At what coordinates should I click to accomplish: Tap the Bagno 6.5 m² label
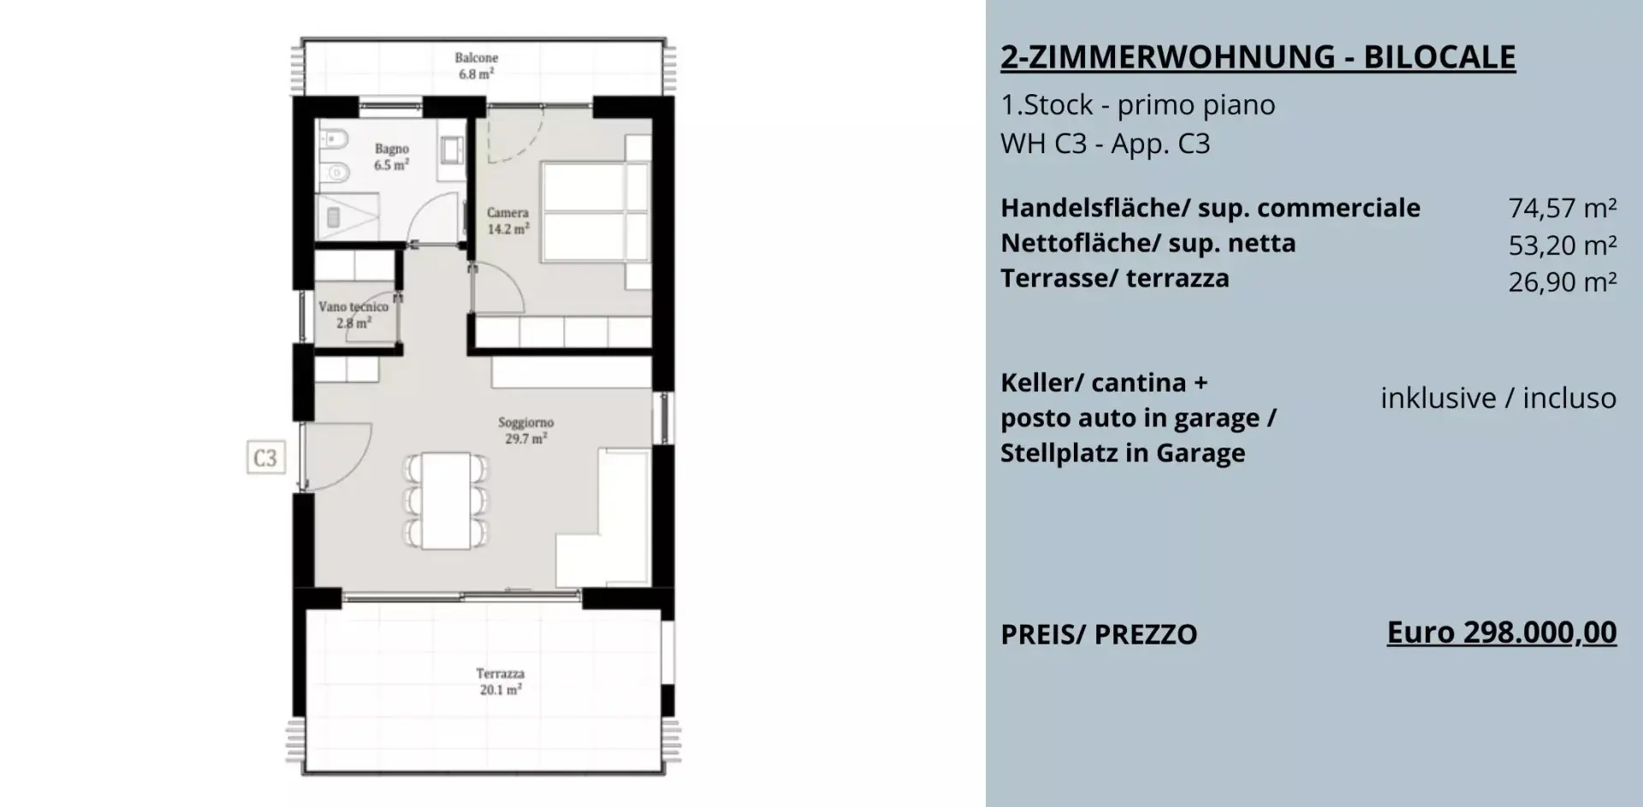point(391,157)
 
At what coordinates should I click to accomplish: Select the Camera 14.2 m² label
point(507,221)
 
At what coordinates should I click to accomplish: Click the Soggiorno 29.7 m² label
point(525,430)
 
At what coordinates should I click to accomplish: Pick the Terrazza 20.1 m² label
point(501,681)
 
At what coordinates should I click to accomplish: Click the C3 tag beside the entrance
point(265,458)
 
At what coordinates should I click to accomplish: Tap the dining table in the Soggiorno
point(446,500)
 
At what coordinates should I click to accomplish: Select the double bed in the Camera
point(595,212)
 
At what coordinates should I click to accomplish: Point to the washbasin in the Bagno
point(450,151)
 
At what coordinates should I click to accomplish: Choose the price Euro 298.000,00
point(1502,633)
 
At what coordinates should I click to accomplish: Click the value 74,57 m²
point(1563,208)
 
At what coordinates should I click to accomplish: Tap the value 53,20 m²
point(1563,246)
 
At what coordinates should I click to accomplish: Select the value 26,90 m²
point(1563,282)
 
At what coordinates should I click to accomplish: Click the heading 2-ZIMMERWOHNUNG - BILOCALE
point(1258,57)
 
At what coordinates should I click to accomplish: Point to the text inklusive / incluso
point(1498,398)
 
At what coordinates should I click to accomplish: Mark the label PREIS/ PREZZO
point(1099,635)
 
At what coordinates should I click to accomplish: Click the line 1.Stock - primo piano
point(1138,105)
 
